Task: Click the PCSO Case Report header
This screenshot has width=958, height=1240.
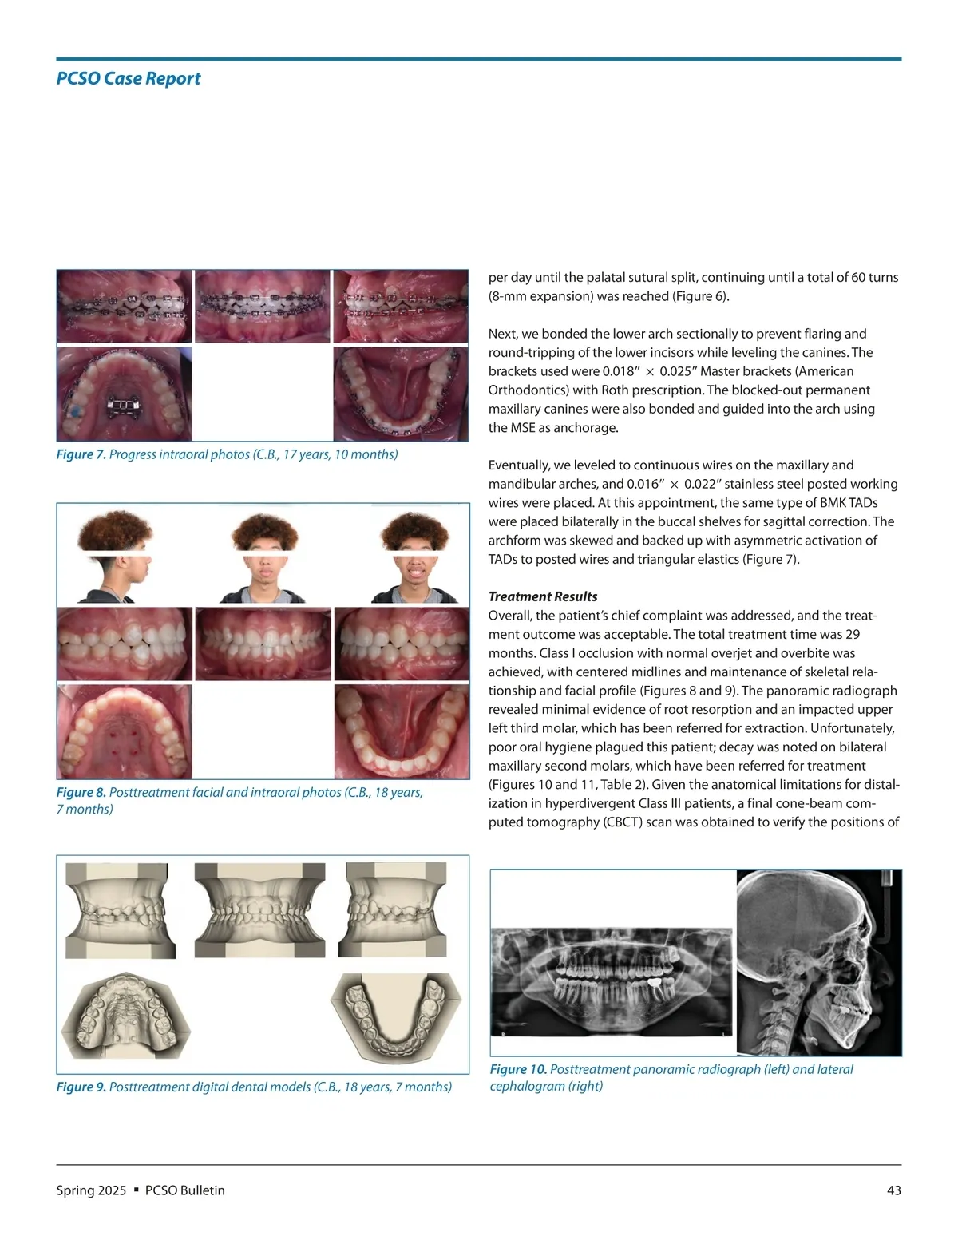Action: tap(128, 78)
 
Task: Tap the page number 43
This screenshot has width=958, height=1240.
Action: tap(893, 1190)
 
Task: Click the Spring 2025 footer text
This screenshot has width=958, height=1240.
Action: tap(91, 1190)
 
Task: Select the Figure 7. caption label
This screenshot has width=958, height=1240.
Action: tap(81, 454)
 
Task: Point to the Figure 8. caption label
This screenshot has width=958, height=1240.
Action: tap(81, 792)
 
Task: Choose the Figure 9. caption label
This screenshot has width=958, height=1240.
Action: tap(81, 1087)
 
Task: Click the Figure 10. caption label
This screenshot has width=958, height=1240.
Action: tap(518, 1069)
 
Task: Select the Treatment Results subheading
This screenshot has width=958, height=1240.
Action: tap(543, 596)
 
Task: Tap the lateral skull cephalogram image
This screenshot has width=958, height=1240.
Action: tap(818, 962)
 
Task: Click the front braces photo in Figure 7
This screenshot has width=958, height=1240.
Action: tap(262, 307)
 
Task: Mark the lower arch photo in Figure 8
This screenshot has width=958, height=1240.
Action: tap(402, 731)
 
